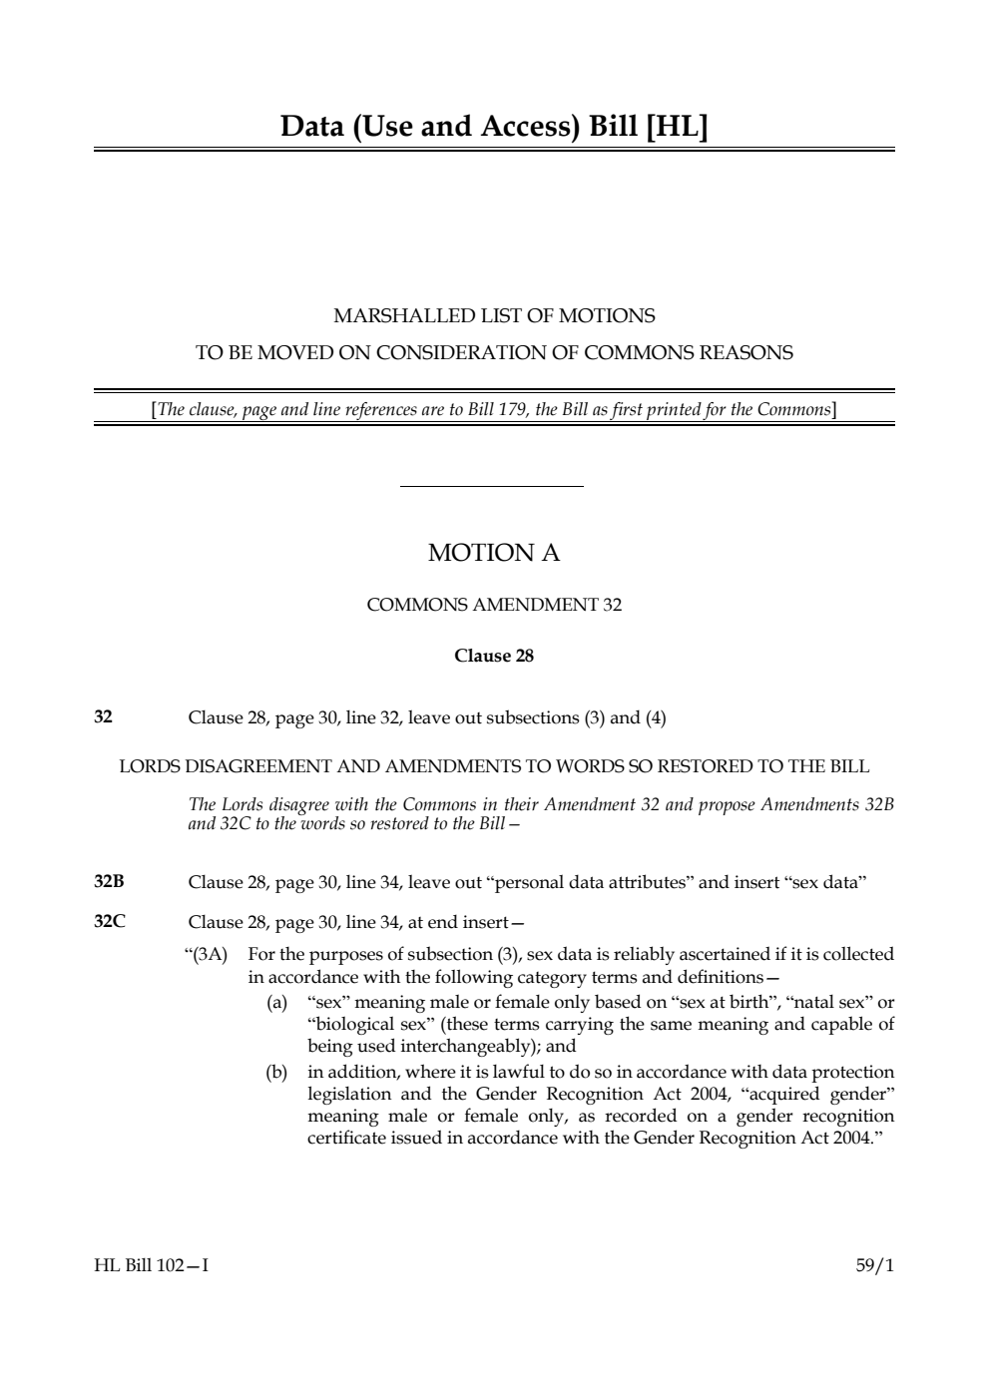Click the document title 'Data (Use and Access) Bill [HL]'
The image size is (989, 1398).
[x=494, y=127]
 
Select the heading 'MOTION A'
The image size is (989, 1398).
[x=494, y=553]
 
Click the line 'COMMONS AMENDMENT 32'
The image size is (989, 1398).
[x=494, y=605]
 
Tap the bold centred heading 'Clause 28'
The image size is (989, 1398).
[x=494, y=656]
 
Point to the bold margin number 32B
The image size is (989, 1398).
[x=109, y=882]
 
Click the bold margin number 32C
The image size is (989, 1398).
[x=109, y=921]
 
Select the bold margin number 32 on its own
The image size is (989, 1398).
[x=103, y=716]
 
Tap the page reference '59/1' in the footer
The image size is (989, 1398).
[x=874, y=1265]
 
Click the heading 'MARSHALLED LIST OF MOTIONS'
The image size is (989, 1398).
[x=494, y=316]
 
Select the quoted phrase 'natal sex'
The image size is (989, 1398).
[x=828, y=1002]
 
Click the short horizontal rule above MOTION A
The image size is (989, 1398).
[x=491, y=487]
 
